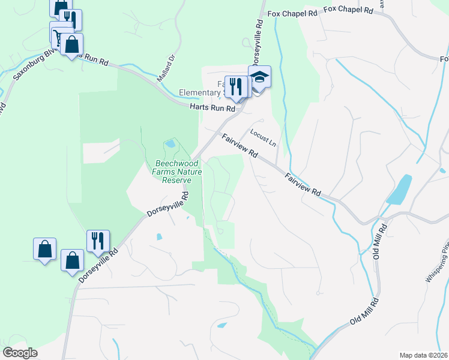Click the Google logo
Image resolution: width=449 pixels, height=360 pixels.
20,353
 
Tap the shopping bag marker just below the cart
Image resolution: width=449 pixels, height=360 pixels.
71,45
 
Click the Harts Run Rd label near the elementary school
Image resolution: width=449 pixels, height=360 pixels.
212,108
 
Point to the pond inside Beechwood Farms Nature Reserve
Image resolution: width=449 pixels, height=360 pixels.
170,144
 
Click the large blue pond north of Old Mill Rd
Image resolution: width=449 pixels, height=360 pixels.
400,189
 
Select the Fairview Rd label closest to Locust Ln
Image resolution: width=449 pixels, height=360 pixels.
240,146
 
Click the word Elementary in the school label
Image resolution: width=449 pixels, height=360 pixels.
200,93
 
